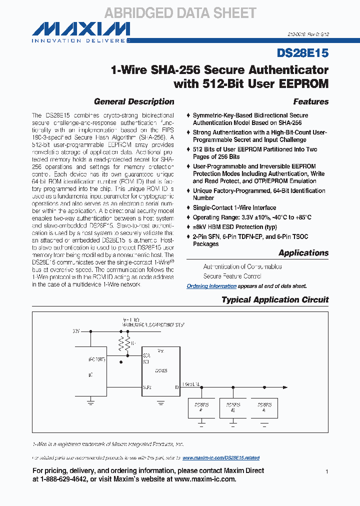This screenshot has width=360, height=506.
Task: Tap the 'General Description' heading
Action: [134, 101]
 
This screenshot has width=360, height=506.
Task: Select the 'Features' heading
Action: [311, 101]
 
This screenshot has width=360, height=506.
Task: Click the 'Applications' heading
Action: [303, 253]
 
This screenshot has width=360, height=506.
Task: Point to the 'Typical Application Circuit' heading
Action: [275, 300]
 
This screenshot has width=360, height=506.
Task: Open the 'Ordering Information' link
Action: [211, 286]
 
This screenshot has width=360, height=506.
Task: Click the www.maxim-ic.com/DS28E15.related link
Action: [221, 458]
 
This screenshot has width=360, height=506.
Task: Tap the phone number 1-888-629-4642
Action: [70, 479]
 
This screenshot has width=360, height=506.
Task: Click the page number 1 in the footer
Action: [326, 471]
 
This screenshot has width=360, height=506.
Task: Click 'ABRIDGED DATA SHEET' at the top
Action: [180, 13]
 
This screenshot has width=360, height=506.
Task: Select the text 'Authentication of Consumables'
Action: [242, 266]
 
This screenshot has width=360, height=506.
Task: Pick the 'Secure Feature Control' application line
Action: [232, 276]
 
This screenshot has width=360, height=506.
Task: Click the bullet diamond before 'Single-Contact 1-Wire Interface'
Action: [188, 207]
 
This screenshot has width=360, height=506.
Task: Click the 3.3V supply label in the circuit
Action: [76, 331]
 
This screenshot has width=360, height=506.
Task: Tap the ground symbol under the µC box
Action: [91, 398]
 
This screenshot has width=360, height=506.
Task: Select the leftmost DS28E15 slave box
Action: [201, 407]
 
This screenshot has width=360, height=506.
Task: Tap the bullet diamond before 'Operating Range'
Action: [188, 217]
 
